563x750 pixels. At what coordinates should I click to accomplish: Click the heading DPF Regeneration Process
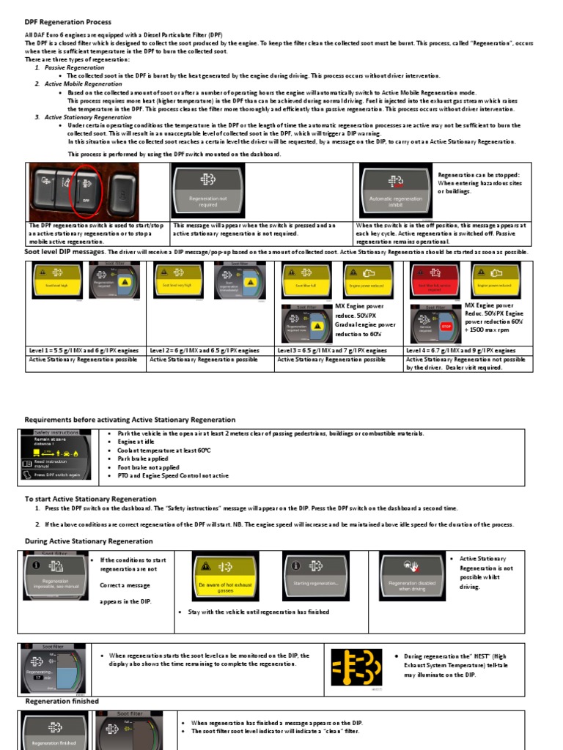click(x=64, y=22)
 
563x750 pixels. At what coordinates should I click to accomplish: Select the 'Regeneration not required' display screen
click(x=207, y=191)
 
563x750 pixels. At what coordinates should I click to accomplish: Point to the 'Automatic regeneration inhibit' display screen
click(x=395, y=191)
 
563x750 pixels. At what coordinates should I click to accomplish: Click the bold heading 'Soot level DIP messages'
click(x=65, y=252)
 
